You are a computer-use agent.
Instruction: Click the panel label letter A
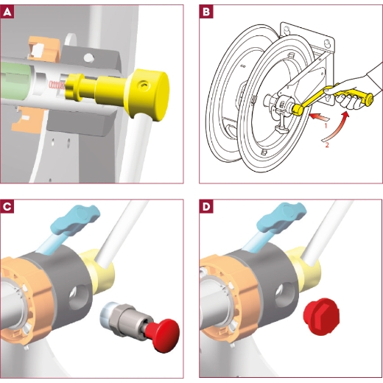(7, 12)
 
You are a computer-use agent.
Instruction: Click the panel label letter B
(206, 12)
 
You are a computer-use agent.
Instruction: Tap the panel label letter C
(7, 206)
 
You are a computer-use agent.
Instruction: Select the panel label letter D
(206, 206)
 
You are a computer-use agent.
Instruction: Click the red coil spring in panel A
(57, 85)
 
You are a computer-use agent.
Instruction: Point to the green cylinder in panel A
(15, 80)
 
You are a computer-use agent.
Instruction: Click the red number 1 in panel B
(326, 126)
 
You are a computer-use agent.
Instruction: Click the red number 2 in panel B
(327, 145)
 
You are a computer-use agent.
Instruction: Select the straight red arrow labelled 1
(319, 116)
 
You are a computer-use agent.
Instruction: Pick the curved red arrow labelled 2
(337, 127)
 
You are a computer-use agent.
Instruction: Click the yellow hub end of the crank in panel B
(298, 109)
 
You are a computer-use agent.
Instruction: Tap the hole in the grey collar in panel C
(77, 297)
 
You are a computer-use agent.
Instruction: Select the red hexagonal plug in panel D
(322, 317)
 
